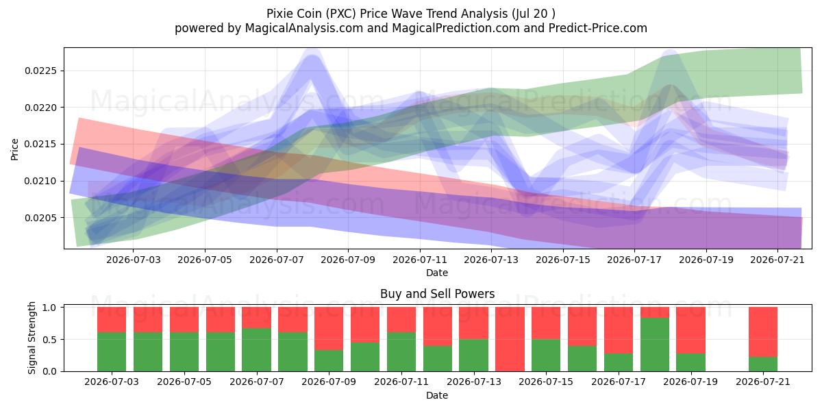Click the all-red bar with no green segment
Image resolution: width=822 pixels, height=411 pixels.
(510, 339)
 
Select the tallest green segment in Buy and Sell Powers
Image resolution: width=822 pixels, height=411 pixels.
(655, 345)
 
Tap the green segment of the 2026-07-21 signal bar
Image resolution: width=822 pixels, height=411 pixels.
(763, 364)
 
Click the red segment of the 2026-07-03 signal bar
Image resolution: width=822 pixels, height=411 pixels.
(112, 320)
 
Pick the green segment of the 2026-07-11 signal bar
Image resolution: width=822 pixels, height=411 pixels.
(401, 352)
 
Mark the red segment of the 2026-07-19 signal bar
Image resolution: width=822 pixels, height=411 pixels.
(691, 330)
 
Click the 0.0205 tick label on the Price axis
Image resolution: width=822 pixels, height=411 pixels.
(40, 218)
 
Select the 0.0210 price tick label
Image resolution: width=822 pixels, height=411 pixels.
(40, 182)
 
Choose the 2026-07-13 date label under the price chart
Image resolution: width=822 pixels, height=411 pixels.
(491, 260)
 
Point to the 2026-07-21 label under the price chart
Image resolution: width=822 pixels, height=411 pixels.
(777, 260)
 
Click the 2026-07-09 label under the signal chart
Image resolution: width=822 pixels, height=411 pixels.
(329, 382)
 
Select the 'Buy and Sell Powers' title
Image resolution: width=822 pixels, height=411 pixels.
(438, 294)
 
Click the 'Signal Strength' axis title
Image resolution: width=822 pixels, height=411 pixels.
(32, 338)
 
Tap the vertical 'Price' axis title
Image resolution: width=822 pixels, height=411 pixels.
(14, 149)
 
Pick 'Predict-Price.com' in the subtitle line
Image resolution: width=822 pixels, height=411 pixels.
(598, 28)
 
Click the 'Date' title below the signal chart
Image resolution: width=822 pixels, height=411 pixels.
(437, 396)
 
